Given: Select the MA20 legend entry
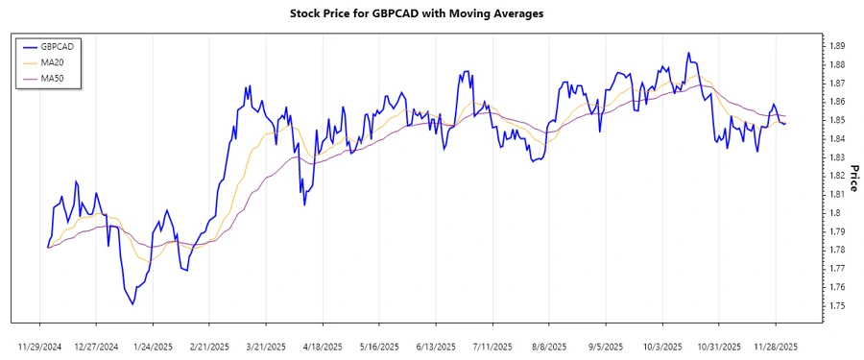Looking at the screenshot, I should [54, 62].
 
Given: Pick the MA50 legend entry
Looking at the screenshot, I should [54, 78].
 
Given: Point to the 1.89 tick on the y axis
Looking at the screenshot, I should [837, 46].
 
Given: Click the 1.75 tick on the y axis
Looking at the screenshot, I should [837, 306].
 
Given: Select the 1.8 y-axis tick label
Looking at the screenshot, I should [835, 213].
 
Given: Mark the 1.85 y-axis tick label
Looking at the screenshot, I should [837, 120].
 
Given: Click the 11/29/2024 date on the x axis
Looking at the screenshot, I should [39, 346].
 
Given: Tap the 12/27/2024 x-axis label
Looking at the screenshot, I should [96, 346].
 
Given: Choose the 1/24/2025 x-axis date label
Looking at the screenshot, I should [153, 346].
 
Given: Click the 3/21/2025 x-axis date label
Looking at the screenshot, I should [266, 346].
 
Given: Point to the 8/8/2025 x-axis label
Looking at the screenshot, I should [548, 346].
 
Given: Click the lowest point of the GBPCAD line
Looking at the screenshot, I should [132, 304].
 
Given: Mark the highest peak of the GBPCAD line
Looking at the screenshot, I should [688, 53].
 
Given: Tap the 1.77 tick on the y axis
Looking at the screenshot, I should [837, 269].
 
